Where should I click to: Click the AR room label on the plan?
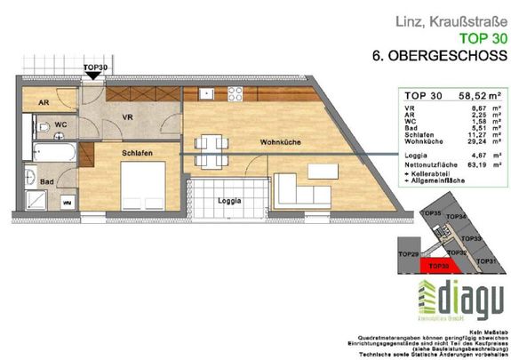(43, 103)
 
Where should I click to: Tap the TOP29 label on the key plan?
(408, 255)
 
